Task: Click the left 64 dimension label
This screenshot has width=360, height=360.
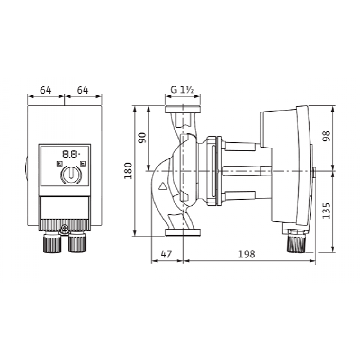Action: tap(46, 90)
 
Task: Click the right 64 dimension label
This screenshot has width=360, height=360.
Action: tap(83, 90)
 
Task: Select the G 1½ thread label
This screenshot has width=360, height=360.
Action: tap(182, 90)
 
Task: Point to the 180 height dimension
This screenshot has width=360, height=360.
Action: tap(128, 171)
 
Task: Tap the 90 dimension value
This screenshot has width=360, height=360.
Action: tap(142, 138)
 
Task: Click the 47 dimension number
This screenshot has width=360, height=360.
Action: tap(166, 254)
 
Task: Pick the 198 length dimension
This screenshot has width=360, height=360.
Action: tap(246, 254)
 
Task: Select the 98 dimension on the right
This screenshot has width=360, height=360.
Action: tap(326, 136)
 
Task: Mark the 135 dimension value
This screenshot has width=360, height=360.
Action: tap(326, 211)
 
